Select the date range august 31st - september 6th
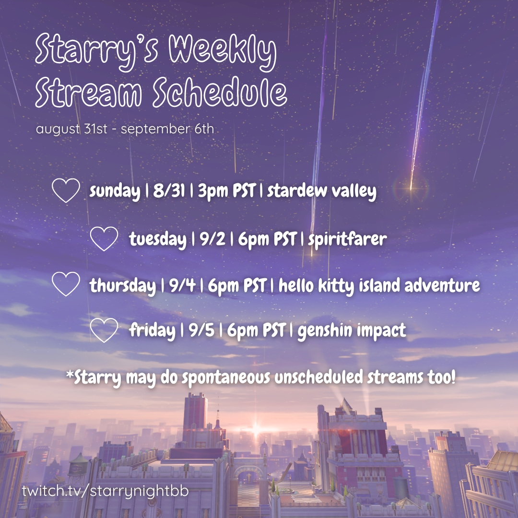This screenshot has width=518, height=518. [125, 129]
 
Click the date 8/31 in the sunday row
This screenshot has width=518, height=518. [169, 190]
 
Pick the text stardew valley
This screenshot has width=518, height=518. [322, 191]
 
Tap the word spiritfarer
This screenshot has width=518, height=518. [347, 239]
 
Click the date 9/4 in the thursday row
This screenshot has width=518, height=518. [182, 285]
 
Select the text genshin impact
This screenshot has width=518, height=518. [352, 330]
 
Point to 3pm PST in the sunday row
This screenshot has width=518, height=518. [227, 190]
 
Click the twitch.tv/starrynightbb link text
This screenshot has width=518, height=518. [106, 491]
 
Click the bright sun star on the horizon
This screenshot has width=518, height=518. [255, 429]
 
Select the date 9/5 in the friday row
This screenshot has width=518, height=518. [201, 330]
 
